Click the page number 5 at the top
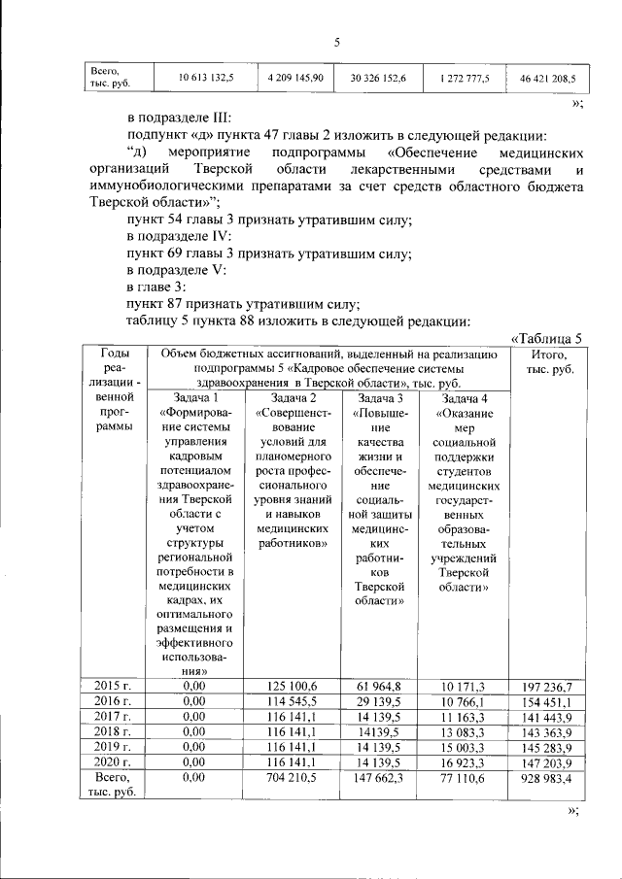(x=336, y=42)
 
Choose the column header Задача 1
(x=195, y=398)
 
